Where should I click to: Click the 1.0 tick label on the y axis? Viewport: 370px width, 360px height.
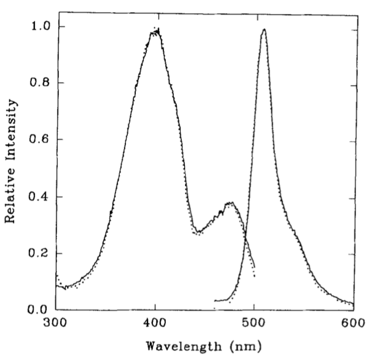pos(40,27)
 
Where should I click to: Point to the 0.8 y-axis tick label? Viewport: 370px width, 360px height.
pos(40,84)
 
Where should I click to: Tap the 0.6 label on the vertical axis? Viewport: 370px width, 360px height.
pos(40,140)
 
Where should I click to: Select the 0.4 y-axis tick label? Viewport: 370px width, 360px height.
pos(40,197)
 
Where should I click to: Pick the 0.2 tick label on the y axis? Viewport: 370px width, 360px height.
pos(40,254)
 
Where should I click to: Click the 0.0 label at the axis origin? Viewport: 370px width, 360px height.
pos(40,310)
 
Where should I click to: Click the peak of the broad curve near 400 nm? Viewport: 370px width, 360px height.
pos(156,29)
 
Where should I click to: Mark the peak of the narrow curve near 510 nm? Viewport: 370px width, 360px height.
pos(264,29)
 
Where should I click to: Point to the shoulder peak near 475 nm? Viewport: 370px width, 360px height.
pos(230,203)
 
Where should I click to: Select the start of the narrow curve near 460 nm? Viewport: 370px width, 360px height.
pos(215,300)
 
